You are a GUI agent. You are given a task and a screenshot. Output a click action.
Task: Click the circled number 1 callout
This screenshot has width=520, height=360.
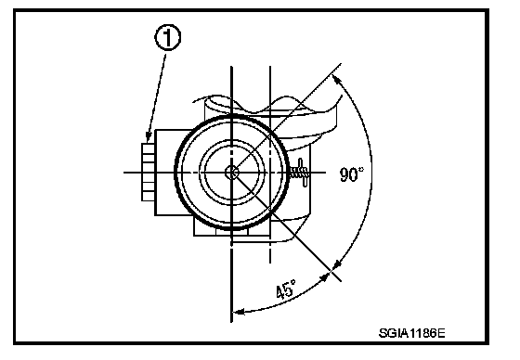click(x=168, y=38)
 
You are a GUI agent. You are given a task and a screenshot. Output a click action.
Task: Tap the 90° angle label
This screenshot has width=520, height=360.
click(x=352, y=174)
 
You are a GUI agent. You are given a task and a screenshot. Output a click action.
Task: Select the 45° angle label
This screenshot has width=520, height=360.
click(x=286, y=289)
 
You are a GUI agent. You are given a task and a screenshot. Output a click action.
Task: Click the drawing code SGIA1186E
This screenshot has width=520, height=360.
click(x=412, y=333)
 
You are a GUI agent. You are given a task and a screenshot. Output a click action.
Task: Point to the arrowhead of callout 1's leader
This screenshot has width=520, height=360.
click(x=149, y=136)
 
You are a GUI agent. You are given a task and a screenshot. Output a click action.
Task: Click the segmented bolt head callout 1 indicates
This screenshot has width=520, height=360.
click(x=148, y=172)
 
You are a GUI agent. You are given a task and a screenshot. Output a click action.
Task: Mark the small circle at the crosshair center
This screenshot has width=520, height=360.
click(x=231, y=173)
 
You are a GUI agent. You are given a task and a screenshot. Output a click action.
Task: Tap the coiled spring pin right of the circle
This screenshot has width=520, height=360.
click(x=300, y=173)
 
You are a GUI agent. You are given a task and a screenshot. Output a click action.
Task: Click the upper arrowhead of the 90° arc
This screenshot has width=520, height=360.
click(x=337, y=80)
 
